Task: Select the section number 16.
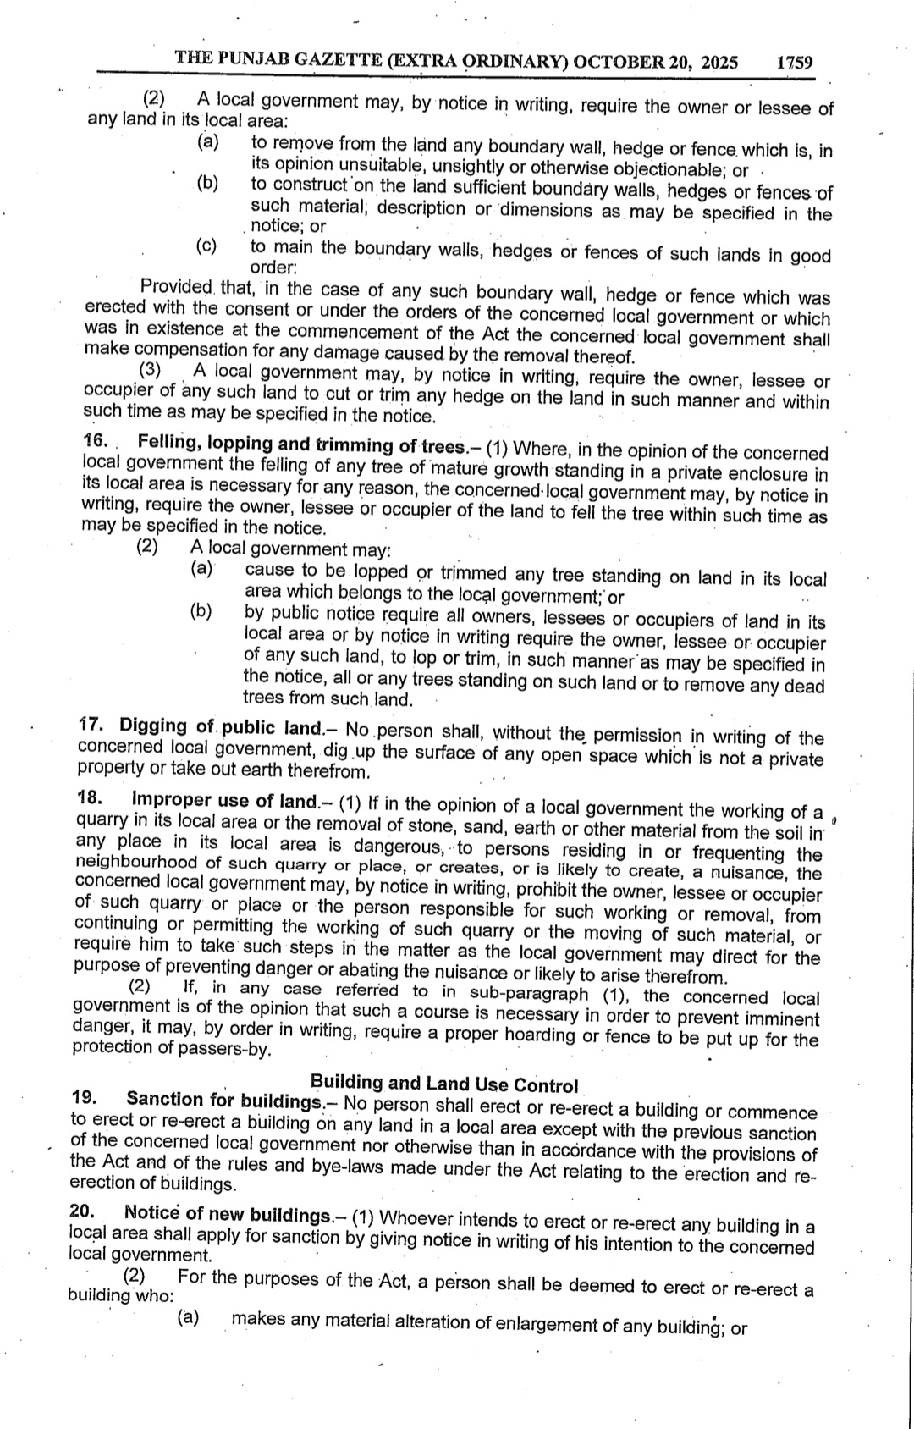point(96,441)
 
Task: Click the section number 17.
point(91,725)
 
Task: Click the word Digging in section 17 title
point(152,726)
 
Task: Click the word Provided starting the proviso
point(177,287)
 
